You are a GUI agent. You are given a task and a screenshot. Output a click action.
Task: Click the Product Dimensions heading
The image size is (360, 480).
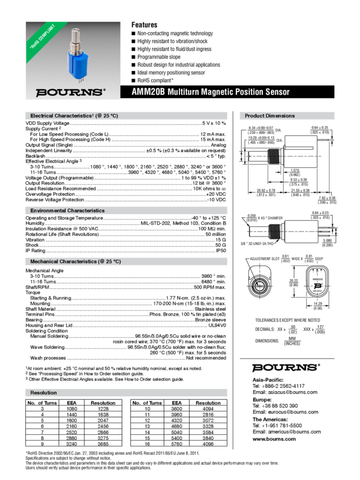[269, 116]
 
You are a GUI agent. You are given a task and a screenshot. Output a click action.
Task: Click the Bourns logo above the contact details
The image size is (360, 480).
[286, 367]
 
